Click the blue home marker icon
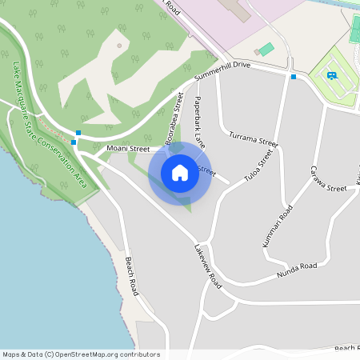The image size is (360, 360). click(180, 173)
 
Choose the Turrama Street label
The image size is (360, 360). click(253, 138)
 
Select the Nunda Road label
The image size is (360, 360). click(297, 270)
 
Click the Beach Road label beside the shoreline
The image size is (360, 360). click(130, 276)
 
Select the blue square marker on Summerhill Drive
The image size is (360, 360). click(294, 77)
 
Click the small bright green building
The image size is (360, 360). click(266, 49)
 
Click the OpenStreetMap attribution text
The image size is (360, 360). click(81, 354)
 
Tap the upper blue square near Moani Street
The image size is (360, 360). click(78, 132)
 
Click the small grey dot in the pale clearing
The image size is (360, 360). click(119, 45)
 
